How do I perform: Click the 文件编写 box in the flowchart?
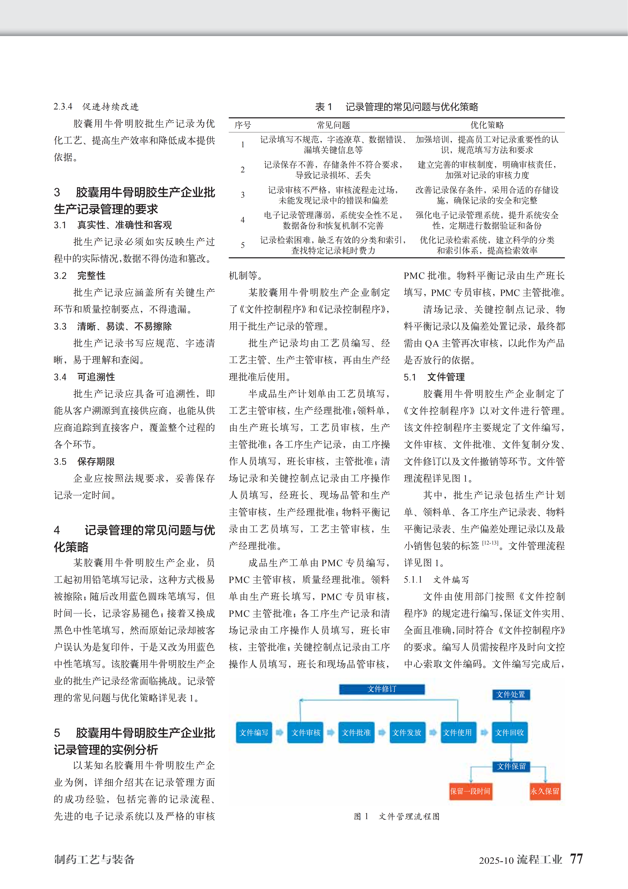(x=254, y=732)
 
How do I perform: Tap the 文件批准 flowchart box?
(x=356, y=732)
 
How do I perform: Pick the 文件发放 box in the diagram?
(x=407, y=732)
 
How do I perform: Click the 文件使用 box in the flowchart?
(x=458, y=732)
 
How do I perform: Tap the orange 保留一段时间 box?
(x=470, y=791)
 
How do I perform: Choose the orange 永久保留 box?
(x=545, y=791)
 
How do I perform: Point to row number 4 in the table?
(x=243, y=220)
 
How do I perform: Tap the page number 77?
(x=576, y=859)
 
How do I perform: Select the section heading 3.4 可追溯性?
(x=84, y=377)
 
